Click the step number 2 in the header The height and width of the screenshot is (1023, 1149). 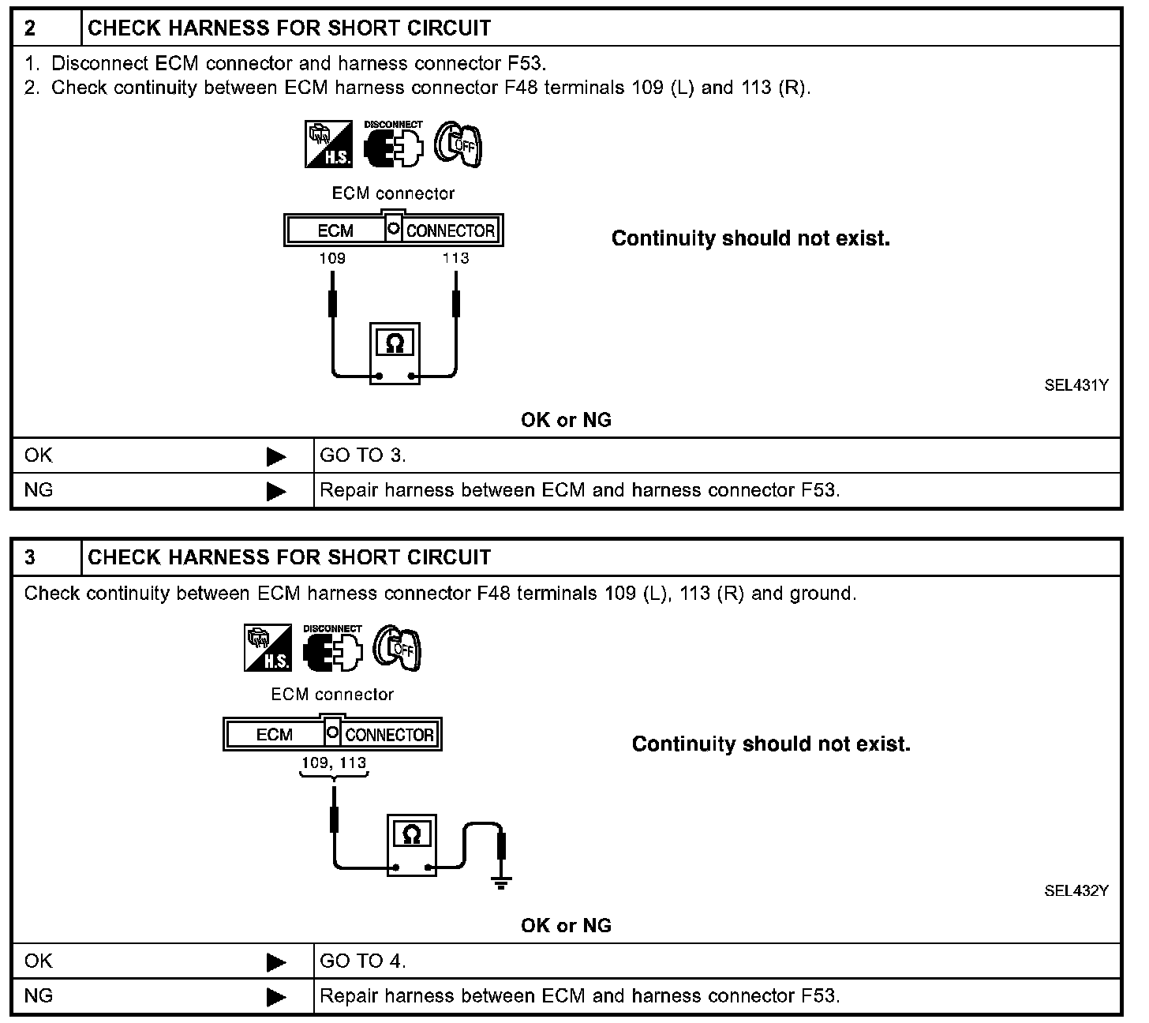click(30, 28)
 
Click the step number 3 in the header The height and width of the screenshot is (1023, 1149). click(30, 557)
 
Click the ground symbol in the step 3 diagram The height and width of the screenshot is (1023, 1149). click(500, 882)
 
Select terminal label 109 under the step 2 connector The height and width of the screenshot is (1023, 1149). click(332, 258)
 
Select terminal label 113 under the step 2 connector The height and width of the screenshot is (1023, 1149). click(455, 258)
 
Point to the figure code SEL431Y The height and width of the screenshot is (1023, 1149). click(1076, 385)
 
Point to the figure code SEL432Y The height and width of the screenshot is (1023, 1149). click(1076, 890)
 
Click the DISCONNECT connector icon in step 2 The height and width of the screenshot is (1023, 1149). click(393, 144)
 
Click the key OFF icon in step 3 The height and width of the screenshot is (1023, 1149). click(397, 649)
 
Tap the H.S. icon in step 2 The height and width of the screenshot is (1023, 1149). click(328, 144)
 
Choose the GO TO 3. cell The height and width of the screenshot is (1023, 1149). click(363, 455)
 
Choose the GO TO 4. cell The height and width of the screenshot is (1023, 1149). click(363, 961)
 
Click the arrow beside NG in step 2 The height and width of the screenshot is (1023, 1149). click(276, 492)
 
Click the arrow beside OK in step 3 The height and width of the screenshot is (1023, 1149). click(276, 962)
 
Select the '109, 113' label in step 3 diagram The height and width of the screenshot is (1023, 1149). click(334, 763)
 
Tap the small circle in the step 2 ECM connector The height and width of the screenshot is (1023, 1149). click(393, 230)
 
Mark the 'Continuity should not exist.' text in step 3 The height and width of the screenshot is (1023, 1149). click(771, 744)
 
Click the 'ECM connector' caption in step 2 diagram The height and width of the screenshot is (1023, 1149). click(393, 193)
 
